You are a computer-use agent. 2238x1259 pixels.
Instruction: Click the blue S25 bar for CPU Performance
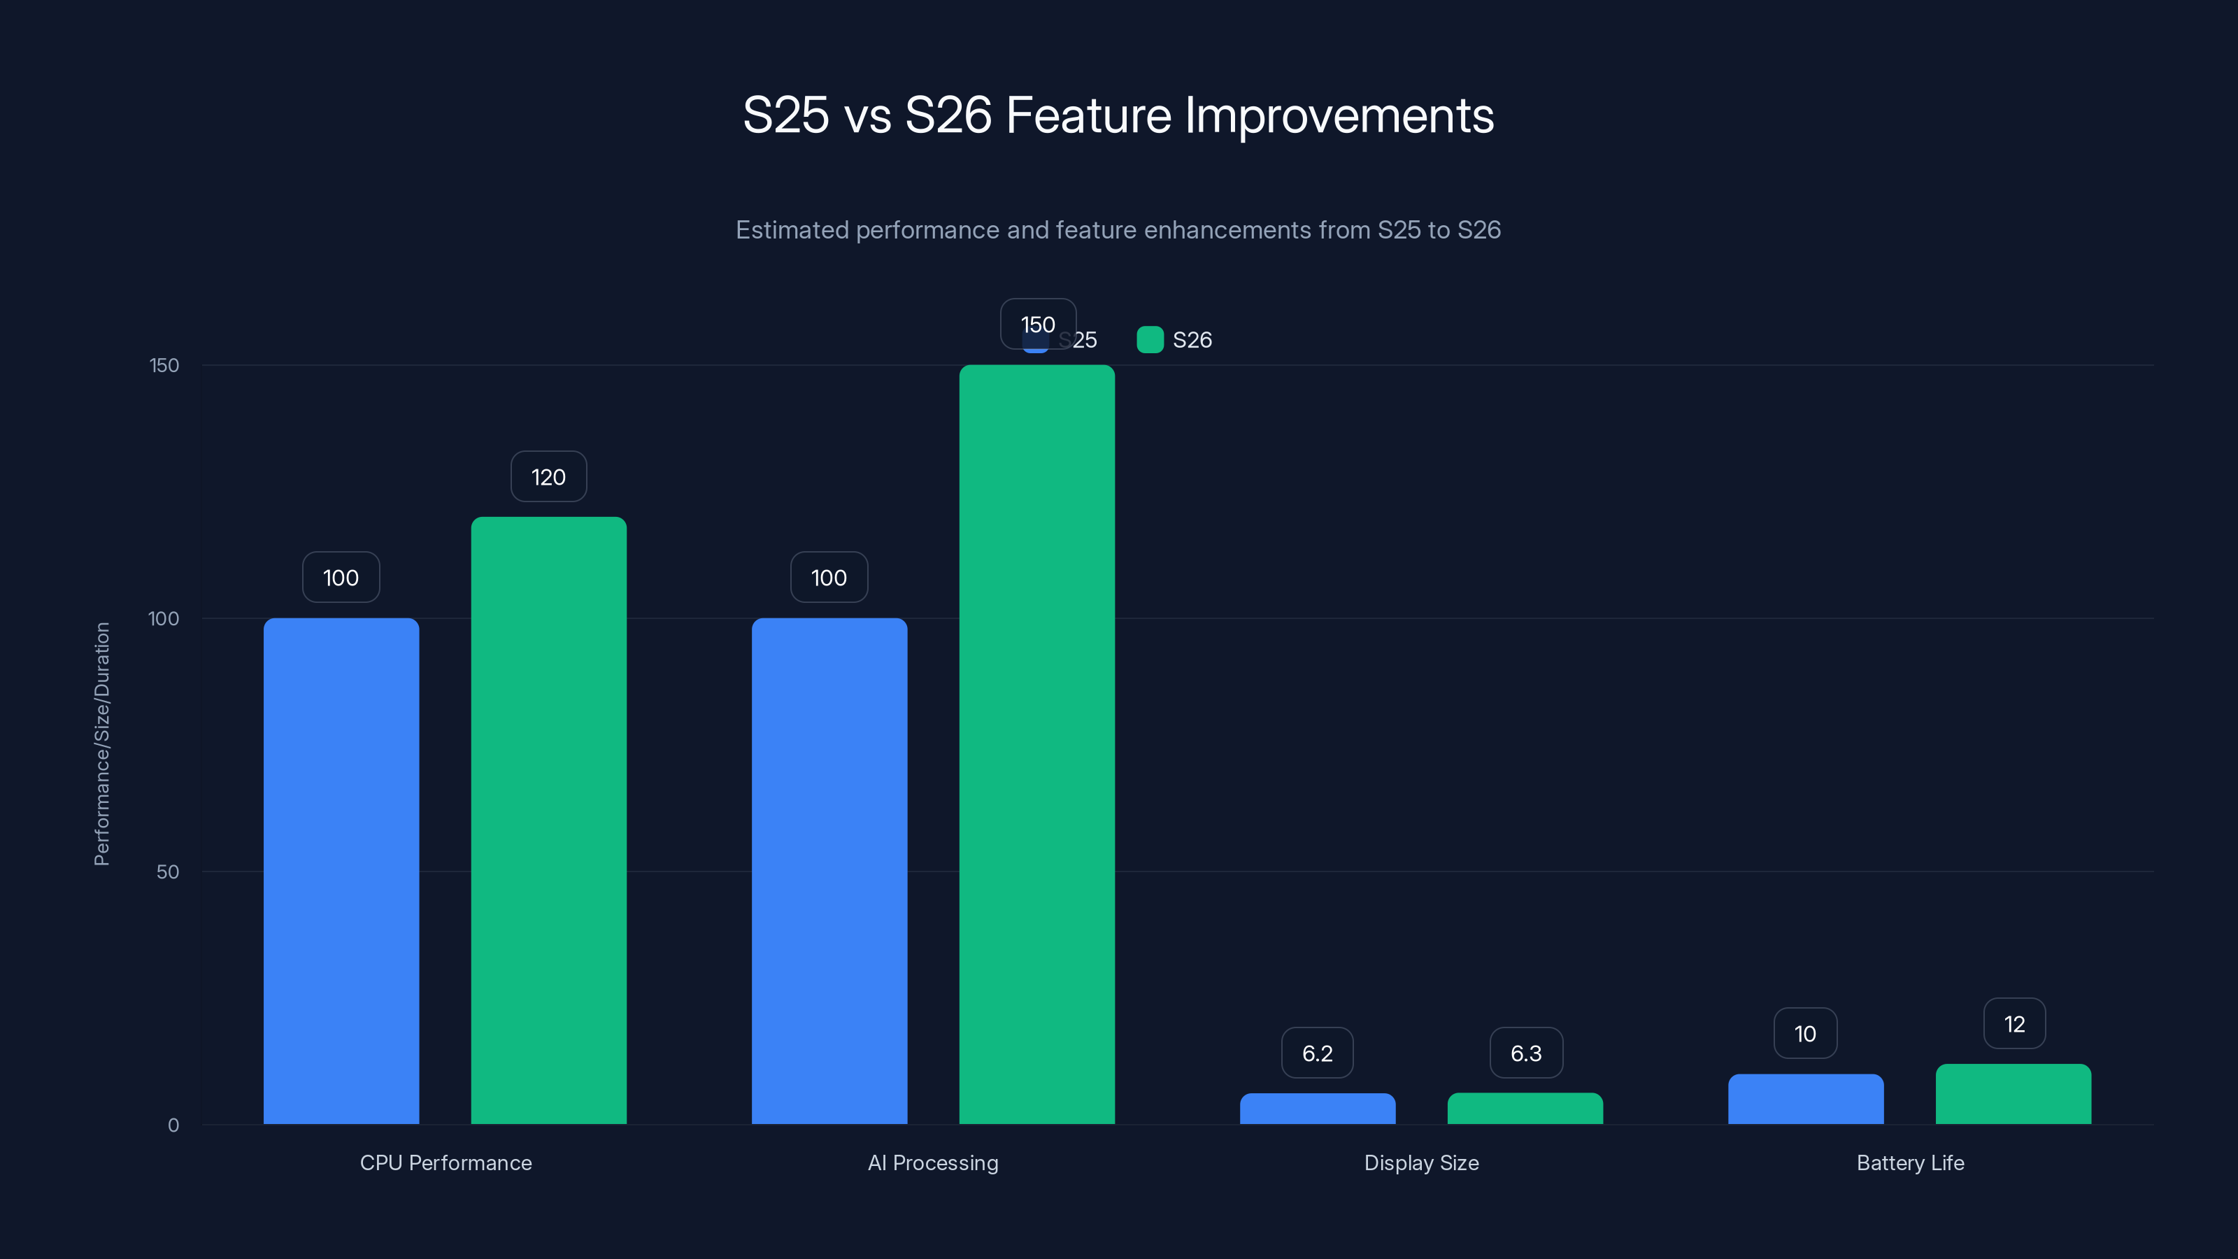pyautogui.click(x=341, y=871)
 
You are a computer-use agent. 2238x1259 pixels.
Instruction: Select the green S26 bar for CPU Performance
pyautogui.click(x=548, y=820)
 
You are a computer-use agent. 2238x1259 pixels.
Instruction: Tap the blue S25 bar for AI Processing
pyautogui.click(x=829, y=871)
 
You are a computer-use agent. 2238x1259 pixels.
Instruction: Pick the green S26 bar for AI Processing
pyautogui.click(x=1036, y=745)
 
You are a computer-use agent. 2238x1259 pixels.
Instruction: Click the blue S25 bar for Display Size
pyautogui.click(x=1317, y=1109)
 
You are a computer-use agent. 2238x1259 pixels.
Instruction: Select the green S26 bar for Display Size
pyautogui.click(x=1525, y=1109)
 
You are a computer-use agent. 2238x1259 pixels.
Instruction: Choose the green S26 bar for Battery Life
pyautogui.click(x=2013, y=1094)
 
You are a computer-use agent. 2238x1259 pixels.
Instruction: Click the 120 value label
pyautogui.click(x=548, y=477)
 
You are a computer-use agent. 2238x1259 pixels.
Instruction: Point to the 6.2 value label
pyautogui.click(x=1317, y=1053)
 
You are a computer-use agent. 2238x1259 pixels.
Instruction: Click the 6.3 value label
pyautogui.click(x=1525, y=1053)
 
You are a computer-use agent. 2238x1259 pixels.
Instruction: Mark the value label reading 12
pyautogui.click(x=2014, y=1025)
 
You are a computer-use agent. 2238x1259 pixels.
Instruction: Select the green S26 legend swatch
pyautogui.click(x=1149, y=340)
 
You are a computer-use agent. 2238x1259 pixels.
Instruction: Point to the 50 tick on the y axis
pyautogui.click(x=168, y=872)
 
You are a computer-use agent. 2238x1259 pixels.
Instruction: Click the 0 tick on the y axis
pyautogui.click(x=173, y=1125)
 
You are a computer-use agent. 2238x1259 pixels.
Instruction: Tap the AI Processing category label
pyautogui.click(x=933, y=1162)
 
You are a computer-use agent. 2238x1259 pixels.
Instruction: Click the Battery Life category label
pyautogui.click(x=1909, y=1162)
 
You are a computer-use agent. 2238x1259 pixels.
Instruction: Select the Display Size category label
pyautogui.click(x=1421, y=1162)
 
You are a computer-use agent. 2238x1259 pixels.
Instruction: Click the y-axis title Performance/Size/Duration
pyautogui.click(x=101, y=744)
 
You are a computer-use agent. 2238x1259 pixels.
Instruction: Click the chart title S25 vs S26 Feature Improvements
pyautogui.click(x=1118, y=115)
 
